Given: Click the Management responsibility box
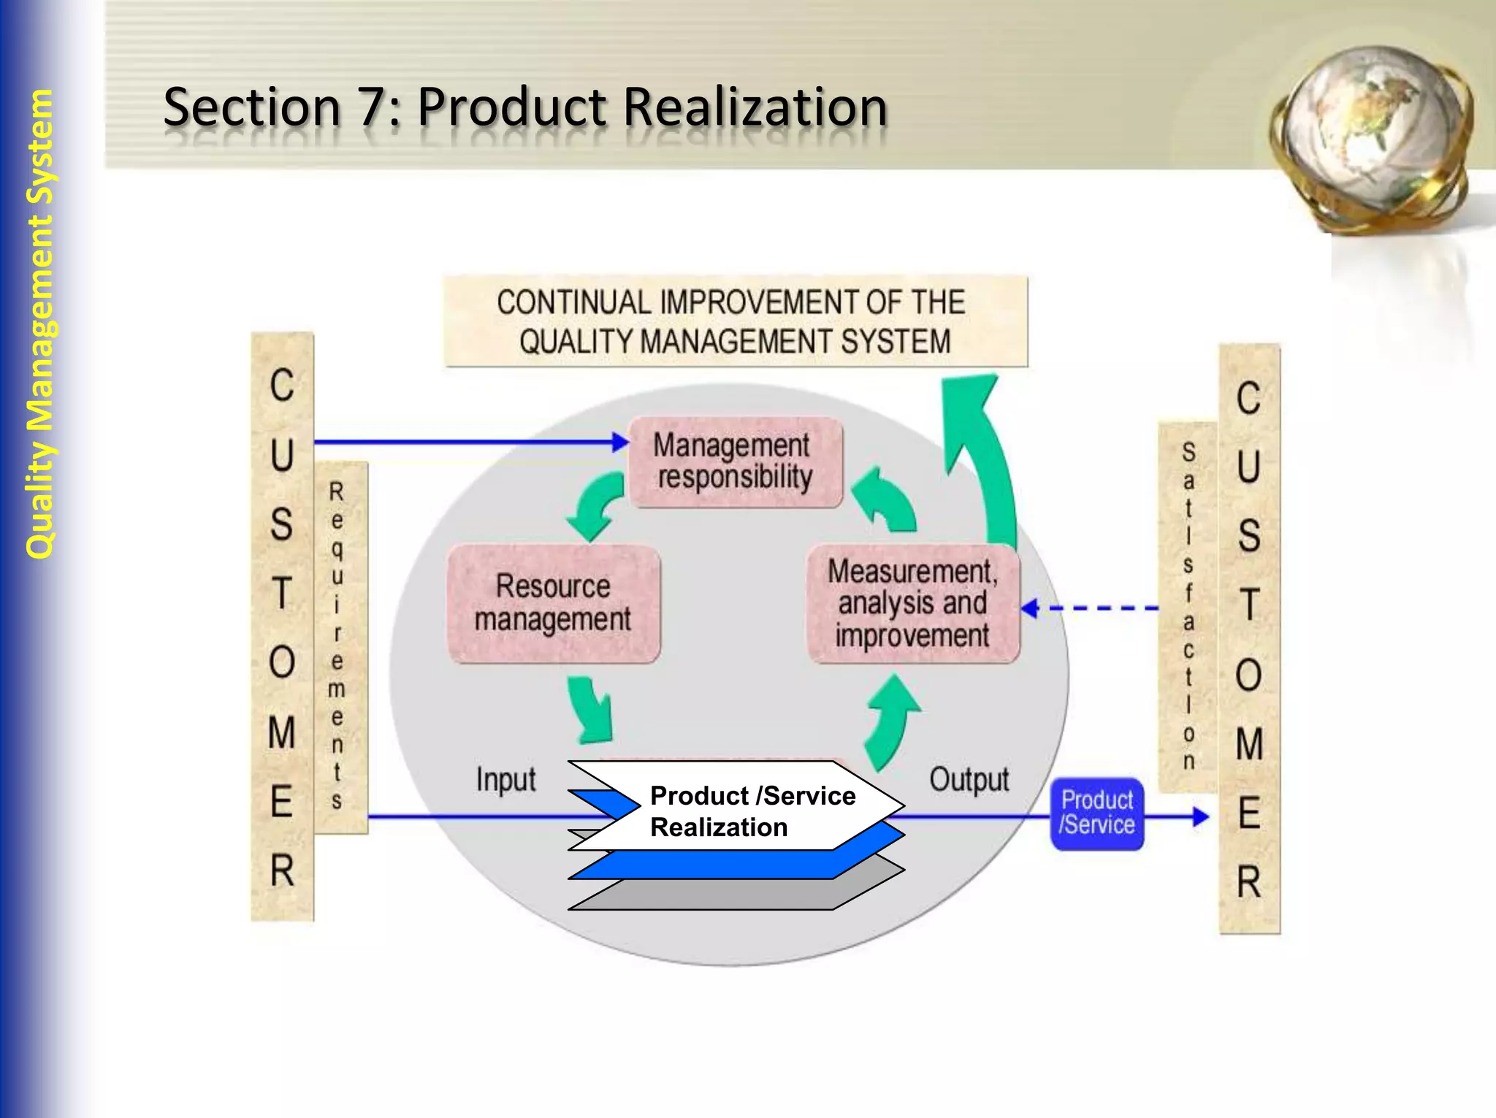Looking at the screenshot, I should click(735, 462).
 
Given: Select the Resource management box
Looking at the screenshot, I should click(554, 603).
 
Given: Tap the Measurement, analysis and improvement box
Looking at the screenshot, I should click(912, 603).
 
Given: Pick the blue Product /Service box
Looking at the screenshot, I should click(1096, 813).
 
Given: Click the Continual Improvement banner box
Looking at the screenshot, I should click(735, 321).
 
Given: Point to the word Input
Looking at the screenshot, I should click(505, 779).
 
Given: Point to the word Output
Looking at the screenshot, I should click(969, 779).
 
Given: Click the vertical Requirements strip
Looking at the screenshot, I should click(338, 646).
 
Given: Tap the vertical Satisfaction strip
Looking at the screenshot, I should click(1188, 606).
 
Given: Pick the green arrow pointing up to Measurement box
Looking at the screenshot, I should click(891, 719).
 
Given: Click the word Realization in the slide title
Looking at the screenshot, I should click(755, 107).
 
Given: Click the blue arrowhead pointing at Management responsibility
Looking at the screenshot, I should click(621, 442).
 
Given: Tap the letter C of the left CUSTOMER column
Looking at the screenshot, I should click(282, 385).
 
